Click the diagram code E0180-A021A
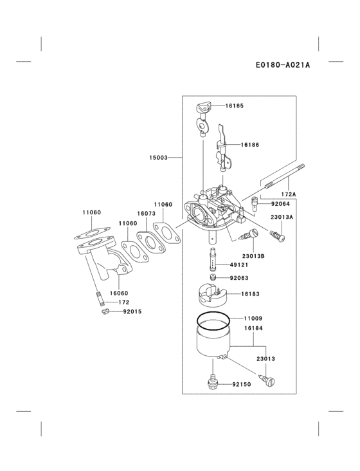(283, 64)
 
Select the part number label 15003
(158, 157)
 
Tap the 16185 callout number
(234, 105)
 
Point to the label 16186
(250, 145)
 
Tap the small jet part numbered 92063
(214, 278)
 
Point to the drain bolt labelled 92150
(212, 382)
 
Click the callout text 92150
(241, 384)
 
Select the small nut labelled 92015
(103, 311)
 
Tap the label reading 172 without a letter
(123, 302)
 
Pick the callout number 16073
(145, 213)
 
